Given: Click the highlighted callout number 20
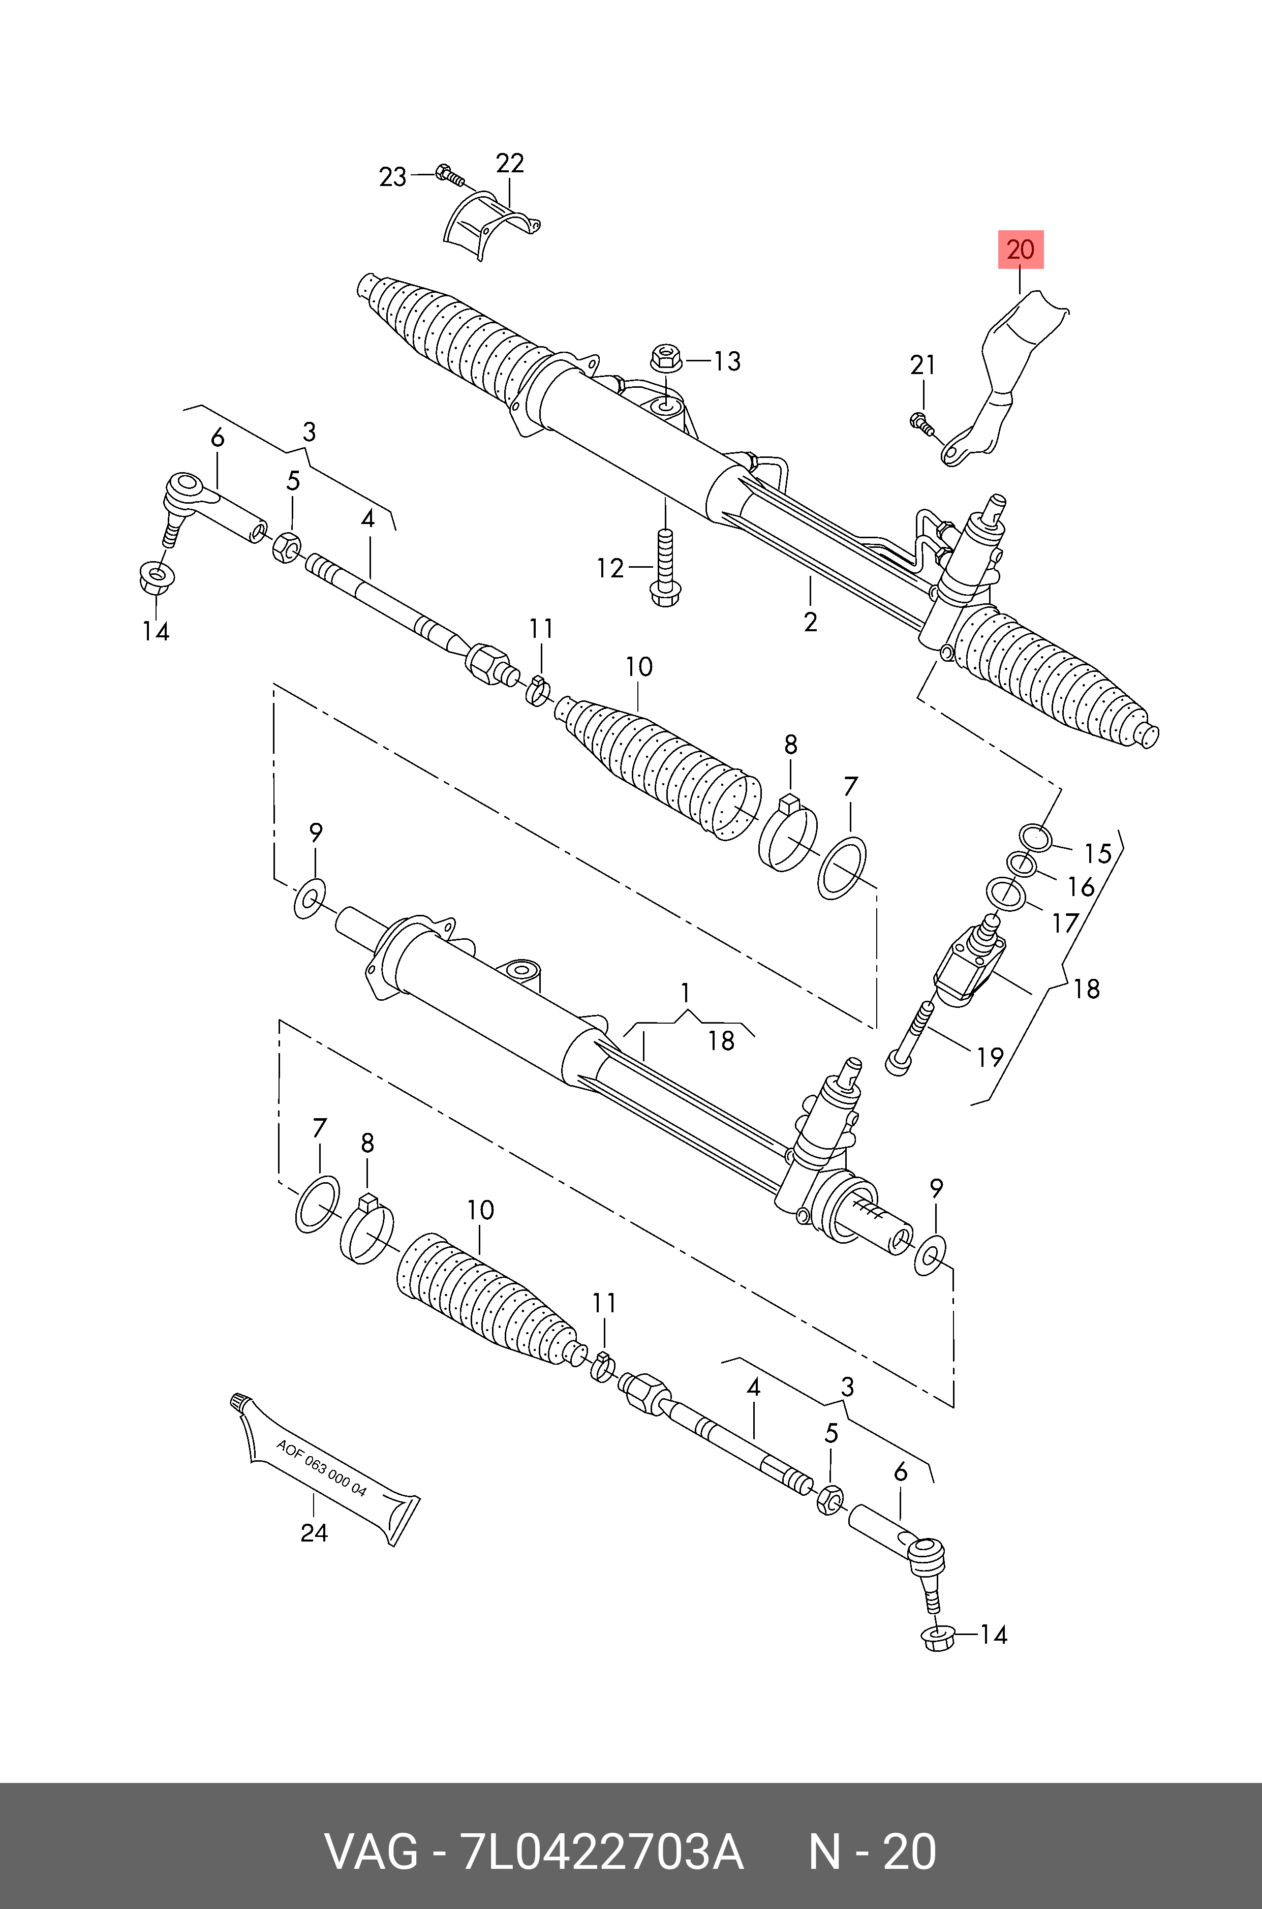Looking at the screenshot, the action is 1021,250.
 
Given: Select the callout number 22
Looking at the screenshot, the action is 509,163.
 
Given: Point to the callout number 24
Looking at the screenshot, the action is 314,1533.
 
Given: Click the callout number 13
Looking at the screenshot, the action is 727,361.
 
